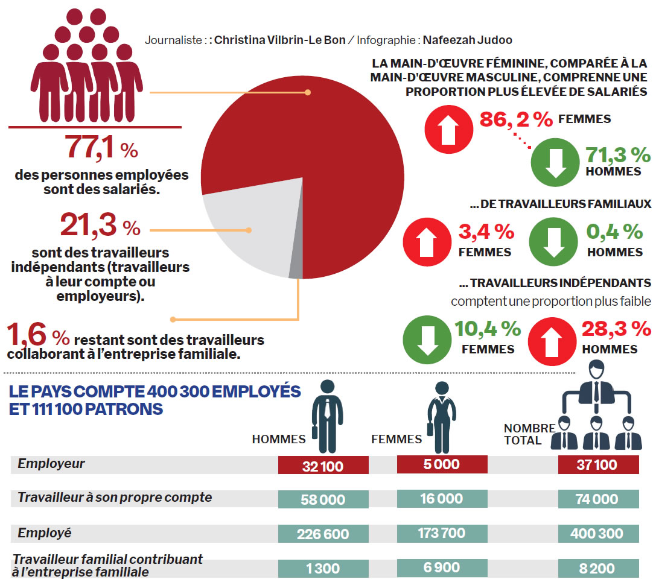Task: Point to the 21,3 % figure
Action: (x=100, y=226)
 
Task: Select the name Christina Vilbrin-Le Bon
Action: (x=279, y=40)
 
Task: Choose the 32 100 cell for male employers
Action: (x=323, y=466)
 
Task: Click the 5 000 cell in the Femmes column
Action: (x=442, y=464)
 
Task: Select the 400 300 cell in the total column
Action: (x=598, y=534)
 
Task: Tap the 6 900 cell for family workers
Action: (x=442, y=567)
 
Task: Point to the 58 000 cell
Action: (x=323, y=499)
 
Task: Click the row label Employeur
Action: (x=51, y=464)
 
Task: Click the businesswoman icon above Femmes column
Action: (x=441, y=416)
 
